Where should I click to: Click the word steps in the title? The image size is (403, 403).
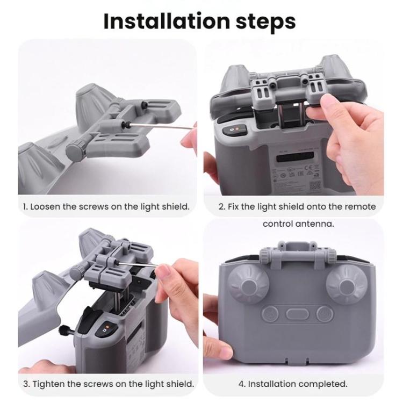[x=264, y=22]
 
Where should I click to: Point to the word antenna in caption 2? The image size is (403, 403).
[x=316, y=223]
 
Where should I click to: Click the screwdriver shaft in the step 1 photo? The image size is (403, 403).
[x=161, y=125]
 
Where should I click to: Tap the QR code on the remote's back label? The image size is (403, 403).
[x=315, y=185]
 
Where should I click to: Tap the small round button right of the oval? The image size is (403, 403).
[x=322, y=313]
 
